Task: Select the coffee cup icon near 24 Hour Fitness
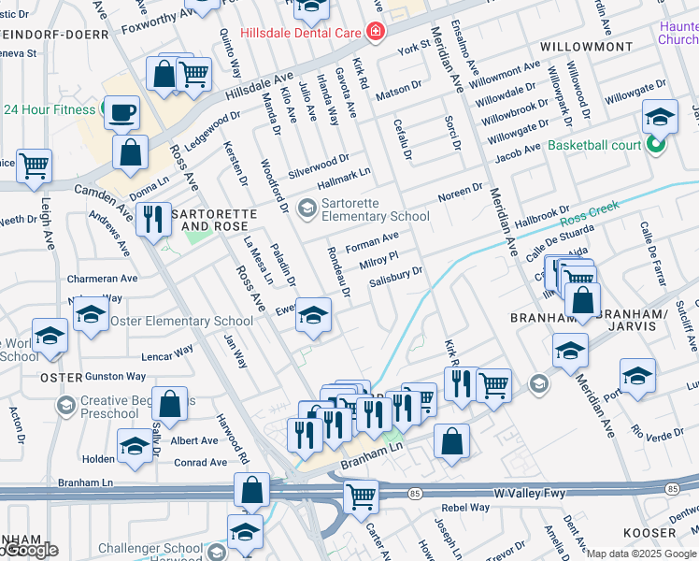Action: (121, 113)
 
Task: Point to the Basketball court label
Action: (594, 145)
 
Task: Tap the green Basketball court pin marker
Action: (656, 145)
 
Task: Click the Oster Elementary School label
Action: (181, 321)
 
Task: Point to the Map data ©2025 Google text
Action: (641, 554)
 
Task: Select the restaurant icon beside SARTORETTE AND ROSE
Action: (153, 221)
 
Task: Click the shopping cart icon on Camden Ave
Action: (34, 166)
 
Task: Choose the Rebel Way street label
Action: (465, 508)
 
